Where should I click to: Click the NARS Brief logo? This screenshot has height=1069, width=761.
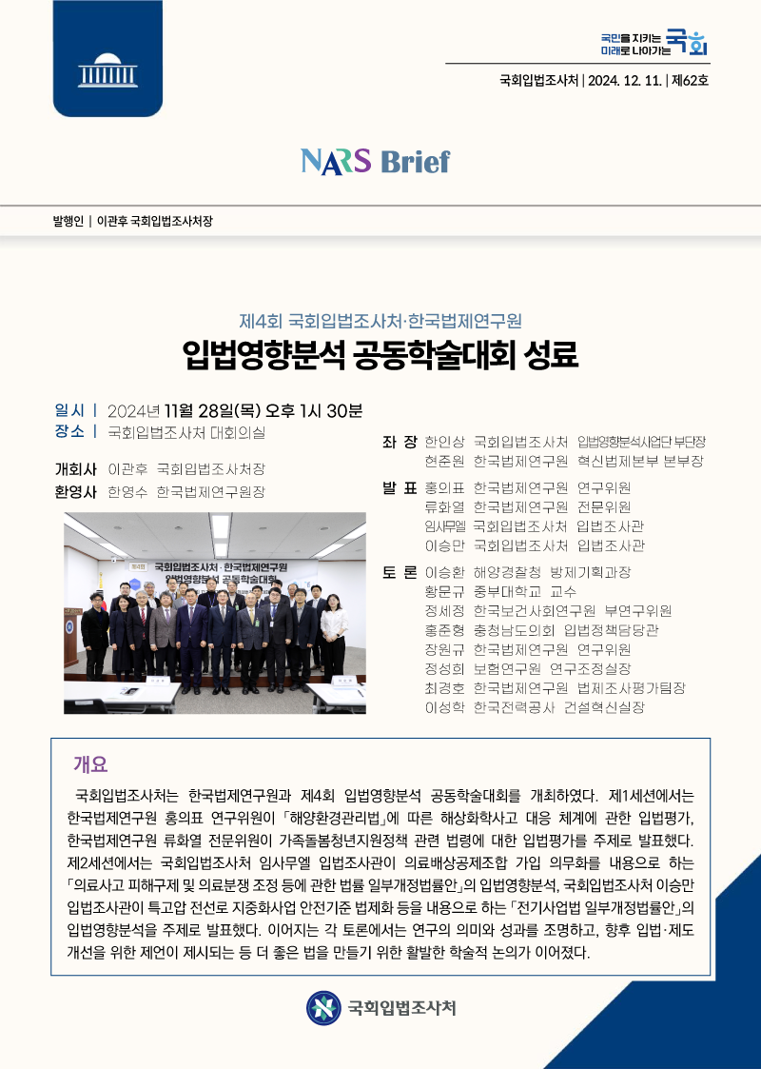pos(375,161)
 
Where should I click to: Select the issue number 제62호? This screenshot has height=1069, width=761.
pos(690,80)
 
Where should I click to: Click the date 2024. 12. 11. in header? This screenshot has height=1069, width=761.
pos(625,80)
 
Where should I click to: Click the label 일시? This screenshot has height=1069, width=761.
pos(70,410)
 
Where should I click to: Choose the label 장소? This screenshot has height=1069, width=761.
pos(70,432)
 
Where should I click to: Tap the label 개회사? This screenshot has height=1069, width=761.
pos(76,469)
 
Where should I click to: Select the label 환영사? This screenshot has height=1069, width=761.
pos(76,492)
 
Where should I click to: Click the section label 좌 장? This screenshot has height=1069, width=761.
pos(400,442)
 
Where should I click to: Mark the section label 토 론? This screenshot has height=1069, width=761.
pos(400,572)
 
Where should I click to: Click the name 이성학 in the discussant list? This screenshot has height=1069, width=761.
pos(444,707)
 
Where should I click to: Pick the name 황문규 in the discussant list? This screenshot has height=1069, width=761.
pos(444,591)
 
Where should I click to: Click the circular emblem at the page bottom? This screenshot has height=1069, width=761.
pos(323,1007)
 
